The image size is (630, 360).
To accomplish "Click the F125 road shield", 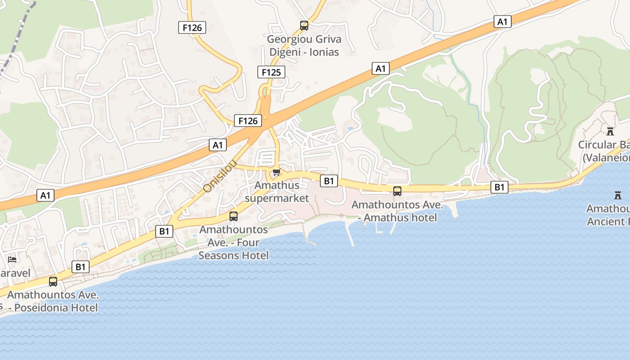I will click(271, 72).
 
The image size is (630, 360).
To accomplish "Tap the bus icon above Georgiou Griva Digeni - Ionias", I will click(304, 26).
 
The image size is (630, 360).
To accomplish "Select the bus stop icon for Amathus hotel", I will click(397, 191).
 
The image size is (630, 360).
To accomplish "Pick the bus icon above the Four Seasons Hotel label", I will click(234, 216).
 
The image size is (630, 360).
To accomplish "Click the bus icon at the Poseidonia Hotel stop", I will click(53, 282).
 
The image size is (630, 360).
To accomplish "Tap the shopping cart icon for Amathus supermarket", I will click(276, 172).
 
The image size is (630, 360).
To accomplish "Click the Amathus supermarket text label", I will click(277, 192).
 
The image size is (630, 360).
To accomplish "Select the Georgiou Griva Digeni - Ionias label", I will click(304, 45).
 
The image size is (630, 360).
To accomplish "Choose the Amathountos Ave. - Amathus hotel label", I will click(397, 211).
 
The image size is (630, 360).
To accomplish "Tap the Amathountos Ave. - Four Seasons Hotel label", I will click(234, 243).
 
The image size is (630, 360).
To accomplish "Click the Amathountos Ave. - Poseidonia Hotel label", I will click(53, 301).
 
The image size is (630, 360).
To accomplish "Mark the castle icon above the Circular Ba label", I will click(610, 131).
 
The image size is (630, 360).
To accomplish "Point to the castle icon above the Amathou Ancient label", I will click(617, 195).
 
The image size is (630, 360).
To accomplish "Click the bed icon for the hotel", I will click(12, 260).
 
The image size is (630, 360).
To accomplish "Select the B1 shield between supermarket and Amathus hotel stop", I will click(328, 181).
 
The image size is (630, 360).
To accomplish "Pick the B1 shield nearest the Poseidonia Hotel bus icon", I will click(80, 267).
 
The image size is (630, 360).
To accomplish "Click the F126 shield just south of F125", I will click(247, 120).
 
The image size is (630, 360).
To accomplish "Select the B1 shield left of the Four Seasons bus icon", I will click(164, 231).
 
